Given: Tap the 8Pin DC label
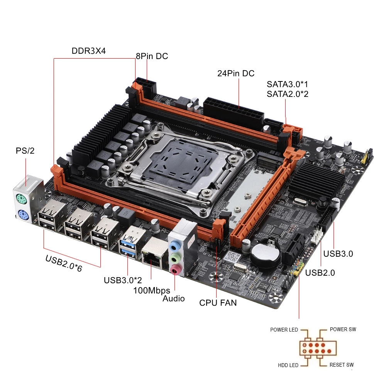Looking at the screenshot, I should [x=152, y=56].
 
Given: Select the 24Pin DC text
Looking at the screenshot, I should [x=236, y=73].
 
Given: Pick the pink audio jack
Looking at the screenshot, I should [x=175, y=269].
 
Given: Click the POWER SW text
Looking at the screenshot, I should [x=343, y=329].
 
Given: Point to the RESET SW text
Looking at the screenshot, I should [x=342, y=365].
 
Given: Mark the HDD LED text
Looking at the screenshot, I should [x=288, y=365].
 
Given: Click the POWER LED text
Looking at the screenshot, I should [x=284, y=330].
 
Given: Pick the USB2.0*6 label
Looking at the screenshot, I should [x=64, y=264].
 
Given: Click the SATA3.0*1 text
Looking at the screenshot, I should [x=287, y=84].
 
